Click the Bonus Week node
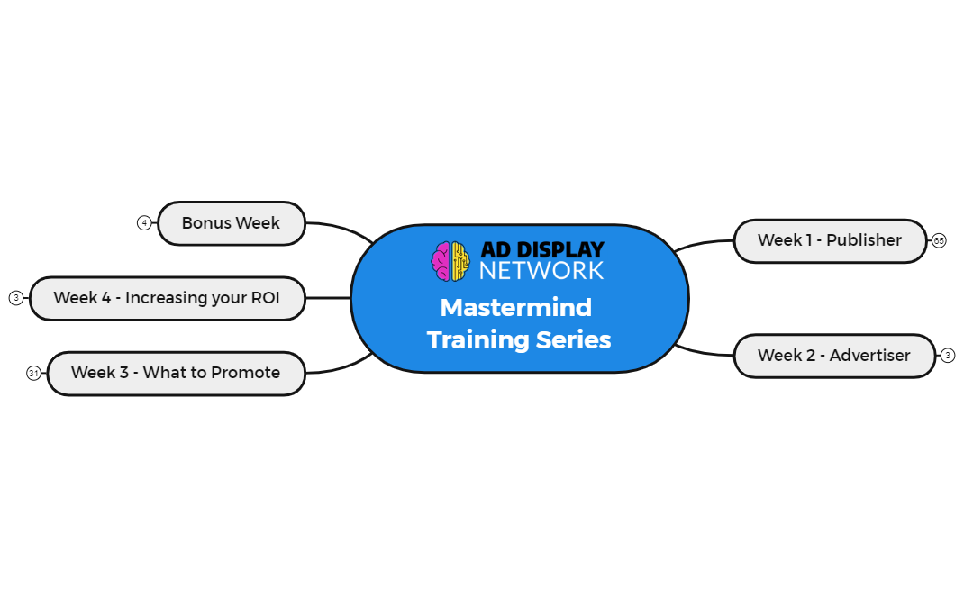[x=231, y=223]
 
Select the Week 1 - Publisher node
[x=829, y=240]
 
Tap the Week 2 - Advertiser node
[x=833, y=356]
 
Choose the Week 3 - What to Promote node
[x=176, y=373]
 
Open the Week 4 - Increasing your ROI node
[x=167, y=298]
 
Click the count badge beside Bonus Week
[x=144, y=223]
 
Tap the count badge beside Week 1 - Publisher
[x=939, y=240]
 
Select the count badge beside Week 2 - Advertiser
[x=947, y=356]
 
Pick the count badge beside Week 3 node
[x=33, y=373]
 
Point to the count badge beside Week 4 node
[x=16, y=298]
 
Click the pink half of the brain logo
[x=441, y=261]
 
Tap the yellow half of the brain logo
[x=460, y=261]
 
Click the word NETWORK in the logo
[x=541, y=271]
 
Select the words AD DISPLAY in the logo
[x=541, y=250]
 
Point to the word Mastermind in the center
[x=515, y=308]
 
